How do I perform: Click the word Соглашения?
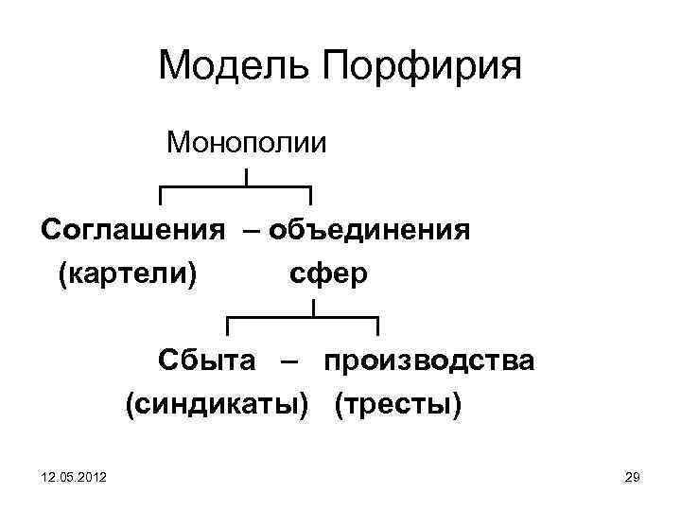[132, 230]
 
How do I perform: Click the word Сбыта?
[206, 361]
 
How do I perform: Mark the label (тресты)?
[398, 405]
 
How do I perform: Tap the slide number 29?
[633, 482]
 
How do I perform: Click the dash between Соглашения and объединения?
[253, 230]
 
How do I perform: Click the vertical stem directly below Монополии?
[246, 177]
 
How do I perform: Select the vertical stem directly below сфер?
[313, 308]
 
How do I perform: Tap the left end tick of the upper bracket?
[161, 195]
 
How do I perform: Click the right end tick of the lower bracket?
[377, 326]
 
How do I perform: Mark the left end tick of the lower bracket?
[228, 326]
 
